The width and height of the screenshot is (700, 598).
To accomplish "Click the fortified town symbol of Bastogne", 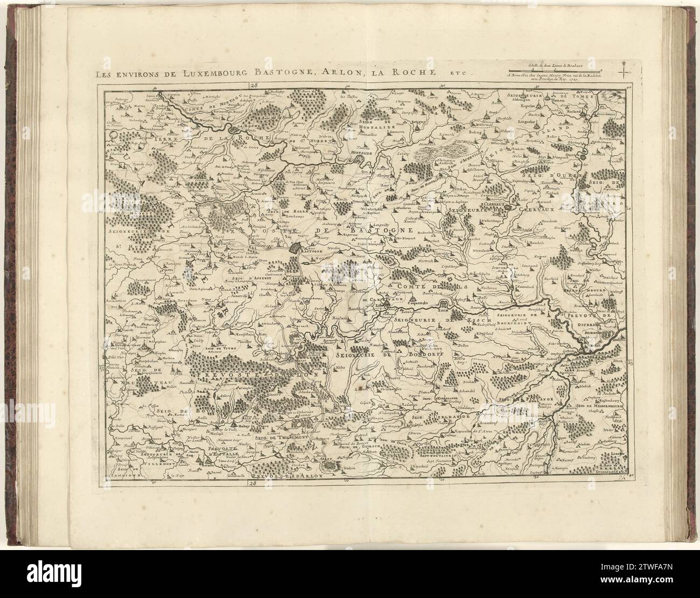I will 298,248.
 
